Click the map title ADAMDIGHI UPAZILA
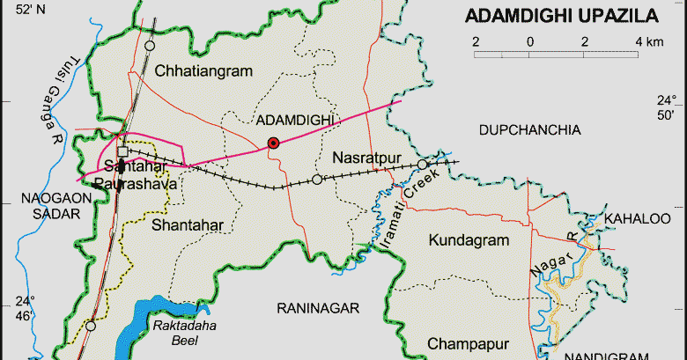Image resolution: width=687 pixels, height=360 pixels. [x=561, y=16]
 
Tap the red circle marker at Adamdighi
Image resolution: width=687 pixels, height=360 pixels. [x=273, y=143]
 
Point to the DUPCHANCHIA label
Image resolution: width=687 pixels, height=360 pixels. [x=529, y=130]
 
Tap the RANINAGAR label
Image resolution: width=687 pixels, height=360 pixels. [x=318, y=308]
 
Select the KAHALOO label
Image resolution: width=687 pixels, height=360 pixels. [x=637, y=218]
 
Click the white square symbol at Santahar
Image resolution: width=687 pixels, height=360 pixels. [x=122, y=151]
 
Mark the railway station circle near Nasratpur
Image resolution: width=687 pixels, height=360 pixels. [x=317, y=180]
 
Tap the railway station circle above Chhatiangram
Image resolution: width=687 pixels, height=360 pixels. [x=150, y=45]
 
